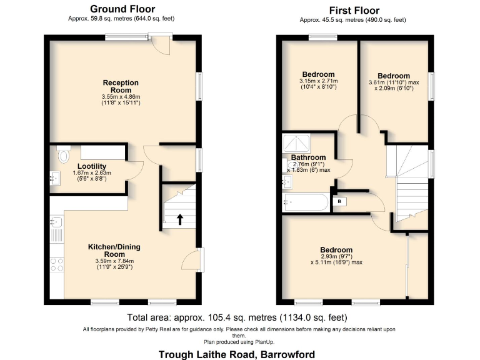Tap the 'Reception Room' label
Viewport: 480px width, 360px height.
click(x=121, y=86)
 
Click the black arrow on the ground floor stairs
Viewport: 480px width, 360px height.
click(x=181, y=219)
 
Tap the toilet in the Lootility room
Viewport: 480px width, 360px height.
click(x=62, y=154)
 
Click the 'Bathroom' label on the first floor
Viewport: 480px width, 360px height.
click(x=308, y=157)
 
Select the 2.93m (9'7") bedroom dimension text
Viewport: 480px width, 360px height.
click(x=336, y=257)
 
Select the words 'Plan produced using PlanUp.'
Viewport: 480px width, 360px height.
click(x=239, y=342)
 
